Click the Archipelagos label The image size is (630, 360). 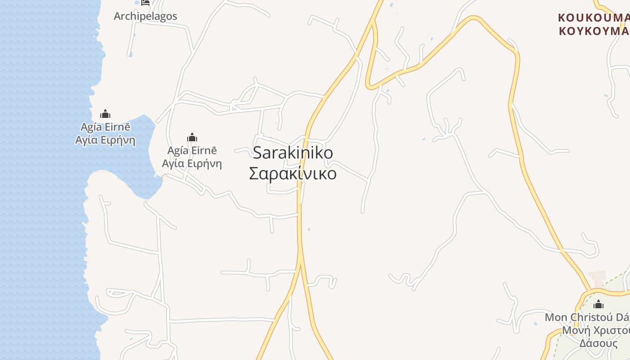pyautogui.click(x=145, y=16)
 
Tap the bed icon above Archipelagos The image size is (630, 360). pyautogui.click(x=145, y=3)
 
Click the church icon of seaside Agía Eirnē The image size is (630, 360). pyautogui.click(x=105, y=114)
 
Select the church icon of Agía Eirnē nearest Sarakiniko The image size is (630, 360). pyautogui.click(x=192, y=137)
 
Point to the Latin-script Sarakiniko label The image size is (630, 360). pyautogui.click(x=293, y=153)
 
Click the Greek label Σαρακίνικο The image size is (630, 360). pyautogui.click(x=293, y=174)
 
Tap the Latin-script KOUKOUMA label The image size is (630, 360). pyautogui.click(x=593, y=18)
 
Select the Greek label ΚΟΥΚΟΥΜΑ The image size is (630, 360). pyautogui.click(x=593, y=31)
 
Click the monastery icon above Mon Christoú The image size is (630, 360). pyautogui.click(x=598, y=304)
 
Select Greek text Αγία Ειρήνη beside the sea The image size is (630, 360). pyautogui.click(x=105, y=140)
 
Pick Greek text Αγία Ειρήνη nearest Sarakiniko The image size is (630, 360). pyautogui.click(x=192, y=163)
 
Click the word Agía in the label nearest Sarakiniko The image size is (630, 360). pyautogui.click(x=177, y=150)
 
